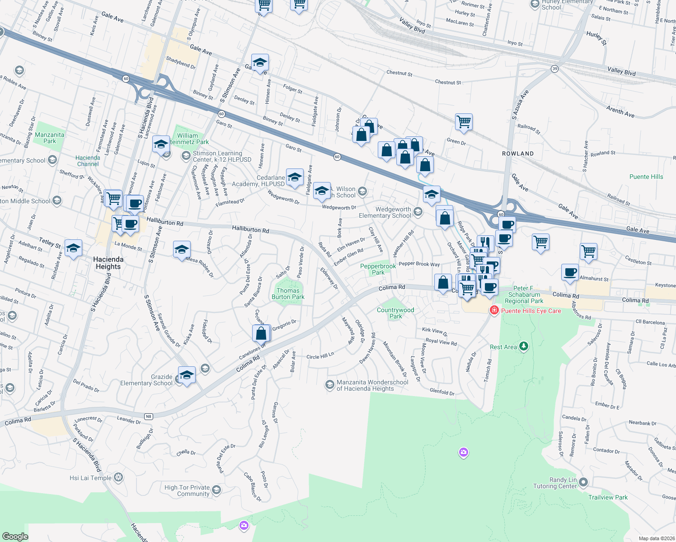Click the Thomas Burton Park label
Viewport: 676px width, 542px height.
[288, 294]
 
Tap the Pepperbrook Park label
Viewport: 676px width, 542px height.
[378, 269]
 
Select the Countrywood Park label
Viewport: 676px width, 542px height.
[395, 313]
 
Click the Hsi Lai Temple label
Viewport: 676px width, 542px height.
[90, 478]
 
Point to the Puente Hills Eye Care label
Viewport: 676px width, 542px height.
[531, 311]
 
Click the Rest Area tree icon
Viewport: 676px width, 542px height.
[524, 346]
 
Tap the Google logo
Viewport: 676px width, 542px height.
[15, 536]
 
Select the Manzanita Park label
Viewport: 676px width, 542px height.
[50, 138]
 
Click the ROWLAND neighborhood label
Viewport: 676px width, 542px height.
[518, 154]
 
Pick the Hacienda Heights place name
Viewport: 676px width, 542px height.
[108, 263]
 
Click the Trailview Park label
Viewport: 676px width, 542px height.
[608, 497]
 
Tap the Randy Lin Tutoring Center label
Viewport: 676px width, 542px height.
[557, 483]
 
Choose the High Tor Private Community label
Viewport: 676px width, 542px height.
[187, 491]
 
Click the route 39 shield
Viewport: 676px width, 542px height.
[554, 69]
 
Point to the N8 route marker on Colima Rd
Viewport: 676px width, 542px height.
[148, 416]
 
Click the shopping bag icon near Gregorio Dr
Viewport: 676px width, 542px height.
[261, 333]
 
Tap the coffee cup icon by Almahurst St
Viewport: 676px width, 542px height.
[570, 272]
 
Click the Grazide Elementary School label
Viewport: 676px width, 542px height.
[146, 380]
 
